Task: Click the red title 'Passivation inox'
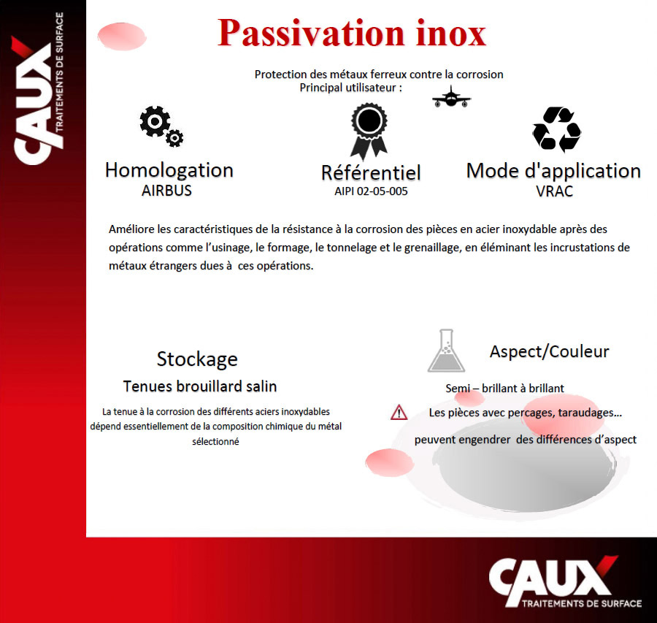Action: [x=352, y=33]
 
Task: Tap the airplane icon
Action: [x=451, y=97]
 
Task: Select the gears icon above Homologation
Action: [x=161, y=126]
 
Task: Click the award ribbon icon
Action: [x=369, y=131]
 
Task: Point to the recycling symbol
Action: [x=556, y=129]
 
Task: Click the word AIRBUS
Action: [x=166, y=191]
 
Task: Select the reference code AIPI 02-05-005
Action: [x=371, y=191]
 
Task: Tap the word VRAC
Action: [x=554, y=191]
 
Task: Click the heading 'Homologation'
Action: [x=169, y=171]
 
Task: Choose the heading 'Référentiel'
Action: [x=371, y=172]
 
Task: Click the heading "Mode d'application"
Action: [x=553, y=172]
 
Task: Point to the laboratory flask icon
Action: [x=446, y=351]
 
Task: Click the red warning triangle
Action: [x=399, y=412]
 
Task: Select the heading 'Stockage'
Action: [x=197, y=359]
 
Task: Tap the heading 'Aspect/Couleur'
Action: [x=549, y=351]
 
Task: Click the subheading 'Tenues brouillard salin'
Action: [x=200, y=386]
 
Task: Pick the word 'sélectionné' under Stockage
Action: [x=215, y=441]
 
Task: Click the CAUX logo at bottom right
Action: [x=565, y=582]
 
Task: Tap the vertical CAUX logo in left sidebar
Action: [x=38, y=88]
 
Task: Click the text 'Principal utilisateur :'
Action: [x=350, y=88]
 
